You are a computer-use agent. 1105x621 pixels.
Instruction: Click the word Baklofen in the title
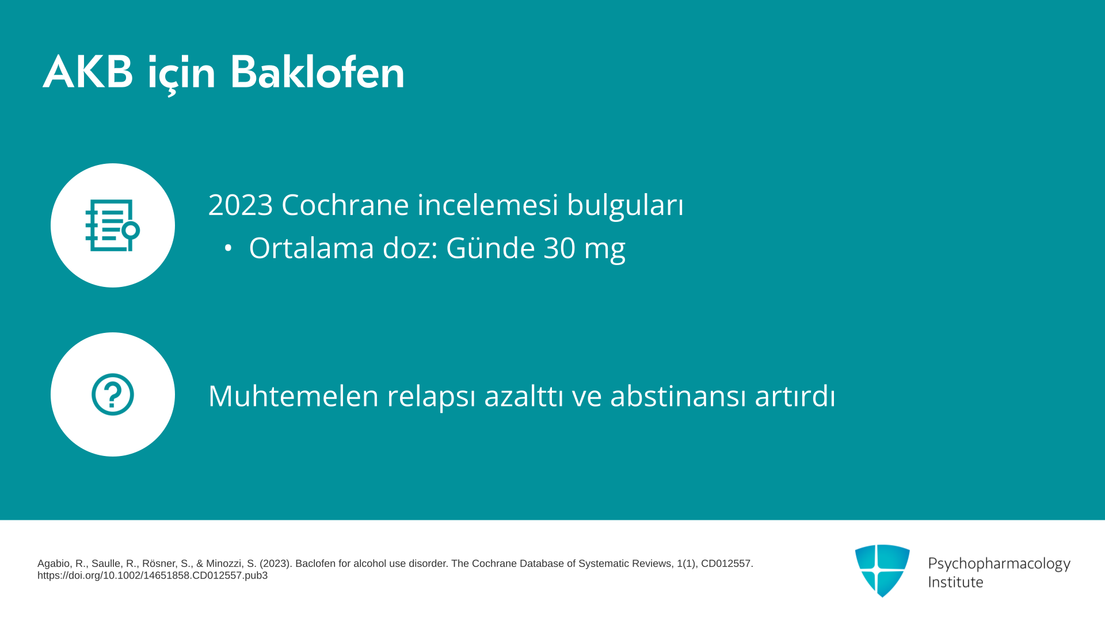click(317, 72)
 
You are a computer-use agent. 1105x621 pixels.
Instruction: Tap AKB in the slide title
click(88, 72)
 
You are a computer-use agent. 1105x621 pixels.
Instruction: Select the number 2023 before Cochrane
click(241, 205)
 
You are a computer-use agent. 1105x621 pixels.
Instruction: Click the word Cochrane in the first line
click(345, 205)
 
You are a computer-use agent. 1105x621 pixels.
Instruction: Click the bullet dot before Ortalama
click(228, 248)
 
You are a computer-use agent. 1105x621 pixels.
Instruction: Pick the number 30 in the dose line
click(560, 248)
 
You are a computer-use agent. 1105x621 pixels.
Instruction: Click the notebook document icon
click(112, 225)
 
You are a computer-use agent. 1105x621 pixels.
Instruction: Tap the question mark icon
click(113, 394)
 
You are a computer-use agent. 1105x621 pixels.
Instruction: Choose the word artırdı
click(795, 396)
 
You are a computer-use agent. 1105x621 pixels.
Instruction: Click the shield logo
click(882, 571)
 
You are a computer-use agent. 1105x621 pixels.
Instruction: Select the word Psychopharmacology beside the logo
click(999, 564)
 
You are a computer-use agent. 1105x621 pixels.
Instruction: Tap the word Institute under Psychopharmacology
click(955, 582)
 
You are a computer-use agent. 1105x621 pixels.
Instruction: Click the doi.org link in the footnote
click(153, 576)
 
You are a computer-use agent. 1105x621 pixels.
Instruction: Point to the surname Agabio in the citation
click(54, 564)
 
